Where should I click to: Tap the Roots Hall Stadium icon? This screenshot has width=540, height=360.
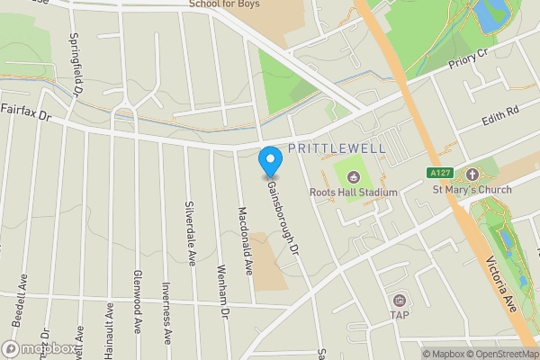[353, 175]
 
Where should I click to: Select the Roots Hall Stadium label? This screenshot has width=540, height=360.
[353, 192]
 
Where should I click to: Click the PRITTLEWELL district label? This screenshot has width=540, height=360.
[337, 148]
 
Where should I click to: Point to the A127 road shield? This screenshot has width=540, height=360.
[437, 172]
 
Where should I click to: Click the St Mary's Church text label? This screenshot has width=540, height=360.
[472, 189]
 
